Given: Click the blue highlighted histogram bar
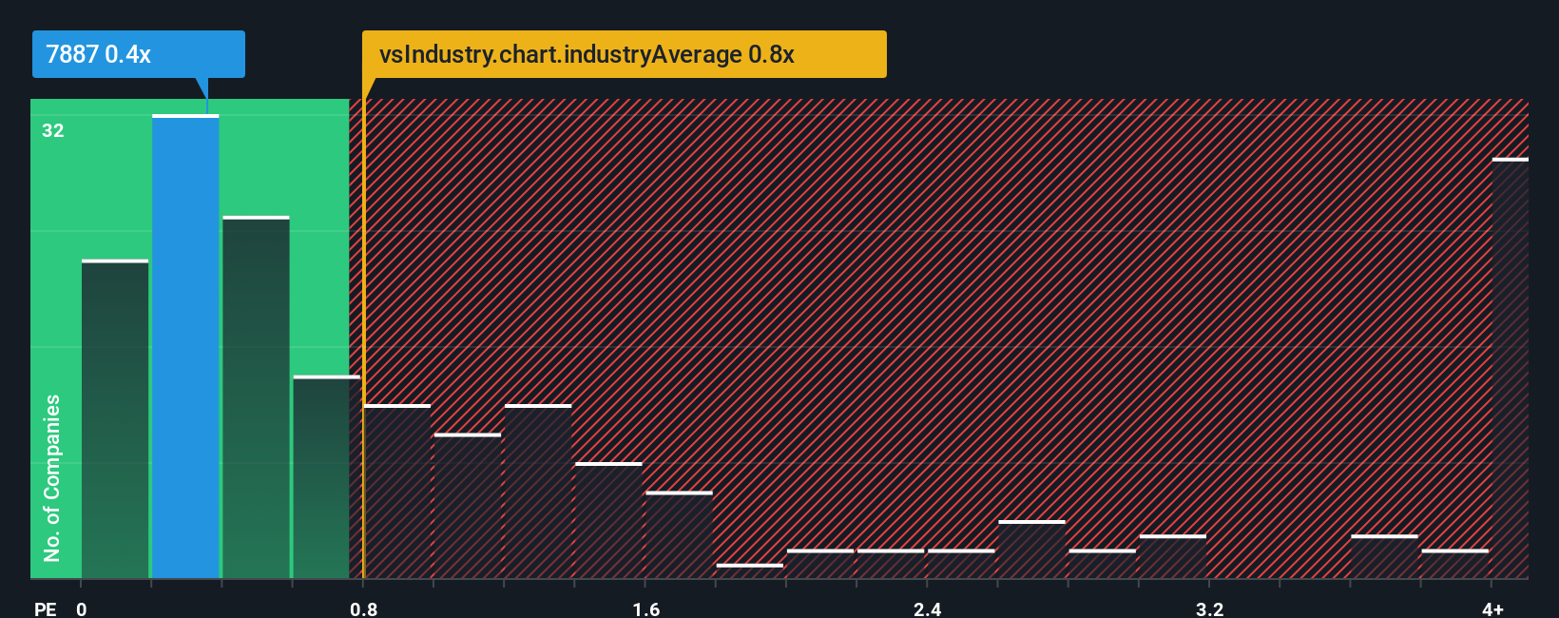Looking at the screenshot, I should (x=185, y=347).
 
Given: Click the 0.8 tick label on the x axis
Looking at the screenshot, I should (x=363, y=608).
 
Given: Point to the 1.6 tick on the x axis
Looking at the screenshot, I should (x=645, y=608).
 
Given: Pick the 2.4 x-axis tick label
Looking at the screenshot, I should (x=927, y=608).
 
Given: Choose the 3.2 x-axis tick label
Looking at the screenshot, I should (x=1209, y=608).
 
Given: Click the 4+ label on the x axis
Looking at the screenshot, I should (x=1492, y=608).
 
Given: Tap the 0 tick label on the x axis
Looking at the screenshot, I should (x=82, y=608).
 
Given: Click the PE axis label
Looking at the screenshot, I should (x=45, y=608).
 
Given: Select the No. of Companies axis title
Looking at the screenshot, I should (x=52, y=477).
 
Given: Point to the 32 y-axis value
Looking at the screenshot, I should (x=53, y=131).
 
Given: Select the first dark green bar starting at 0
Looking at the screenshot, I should (x=115, y=419).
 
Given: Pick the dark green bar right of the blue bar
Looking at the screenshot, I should (x=256, y=397).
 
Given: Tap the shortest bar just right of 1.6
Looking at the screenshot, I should (x=750, y=570).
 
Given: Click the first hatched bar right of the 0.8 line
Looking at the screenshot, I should (x=397, y=492).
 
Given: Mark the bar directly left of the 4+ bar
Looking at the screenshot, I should (x=1454, y=564).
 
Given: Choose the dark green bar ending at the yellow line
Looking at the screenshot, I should (x=326, y=477).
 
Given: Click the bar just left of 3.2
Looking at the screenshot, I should (x=1173, y=556).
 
